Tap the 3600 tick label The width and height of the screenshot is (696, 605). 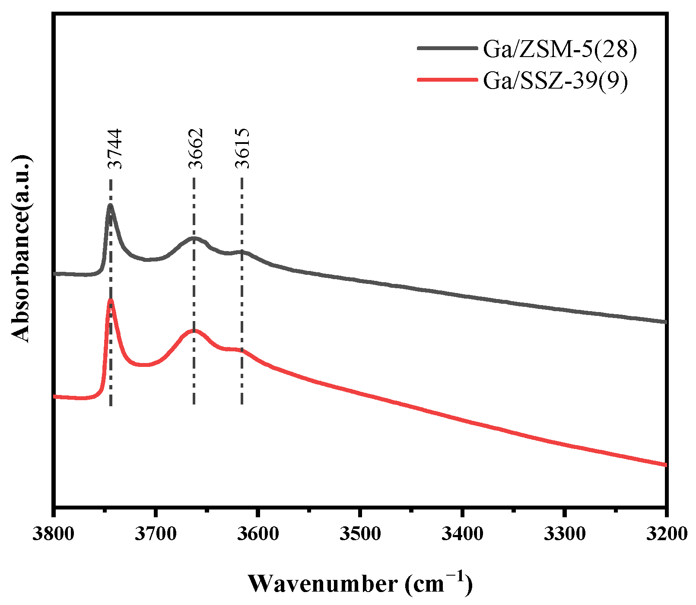(x=258, y=534)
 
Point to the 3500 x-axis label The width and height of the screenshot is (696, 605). (x=360, y=534)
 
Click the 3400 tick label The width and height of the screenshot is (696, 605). (x=462, y=534)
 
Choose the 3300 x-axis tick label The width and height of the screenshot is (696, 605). (x=564, y=534)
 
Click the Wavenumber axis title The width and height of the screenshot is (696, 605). (x=360, y=584)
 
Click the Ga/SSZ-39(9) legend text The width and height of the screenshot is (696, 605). (x=555, y=80)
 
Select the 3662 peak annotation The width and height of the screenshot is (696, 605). (x=196, y=149)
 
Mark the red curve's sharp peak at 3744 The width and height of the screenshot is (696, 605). (x=111, y=300)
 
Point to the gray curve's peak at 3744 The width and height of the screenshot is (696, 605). (x=111, y=206)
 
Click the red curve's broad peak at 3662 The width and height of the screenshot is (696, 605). (x=193, y=331)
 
